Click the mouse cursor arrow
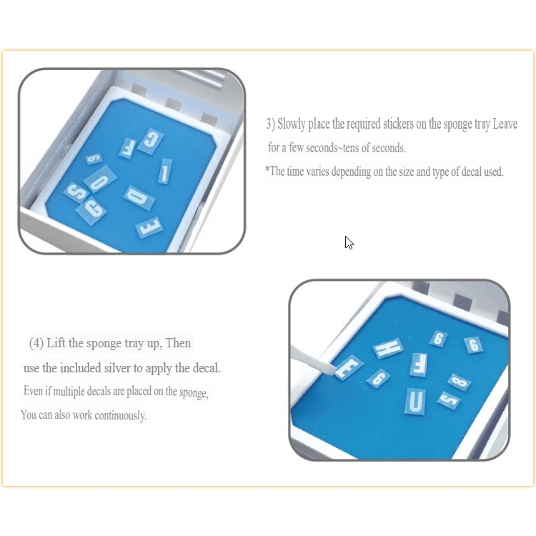(349, 242)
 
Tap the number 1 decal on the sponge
(164, 172)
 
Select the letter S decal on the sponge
(76, 192)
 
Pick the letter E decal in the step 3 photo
(149, 227)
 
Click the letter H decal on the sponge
(388, 348)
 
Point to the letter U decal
(415, 401)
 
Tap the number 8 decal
(459, 382)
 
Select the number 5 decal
(449, 400)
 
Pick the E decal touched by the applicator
(349, 367)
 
